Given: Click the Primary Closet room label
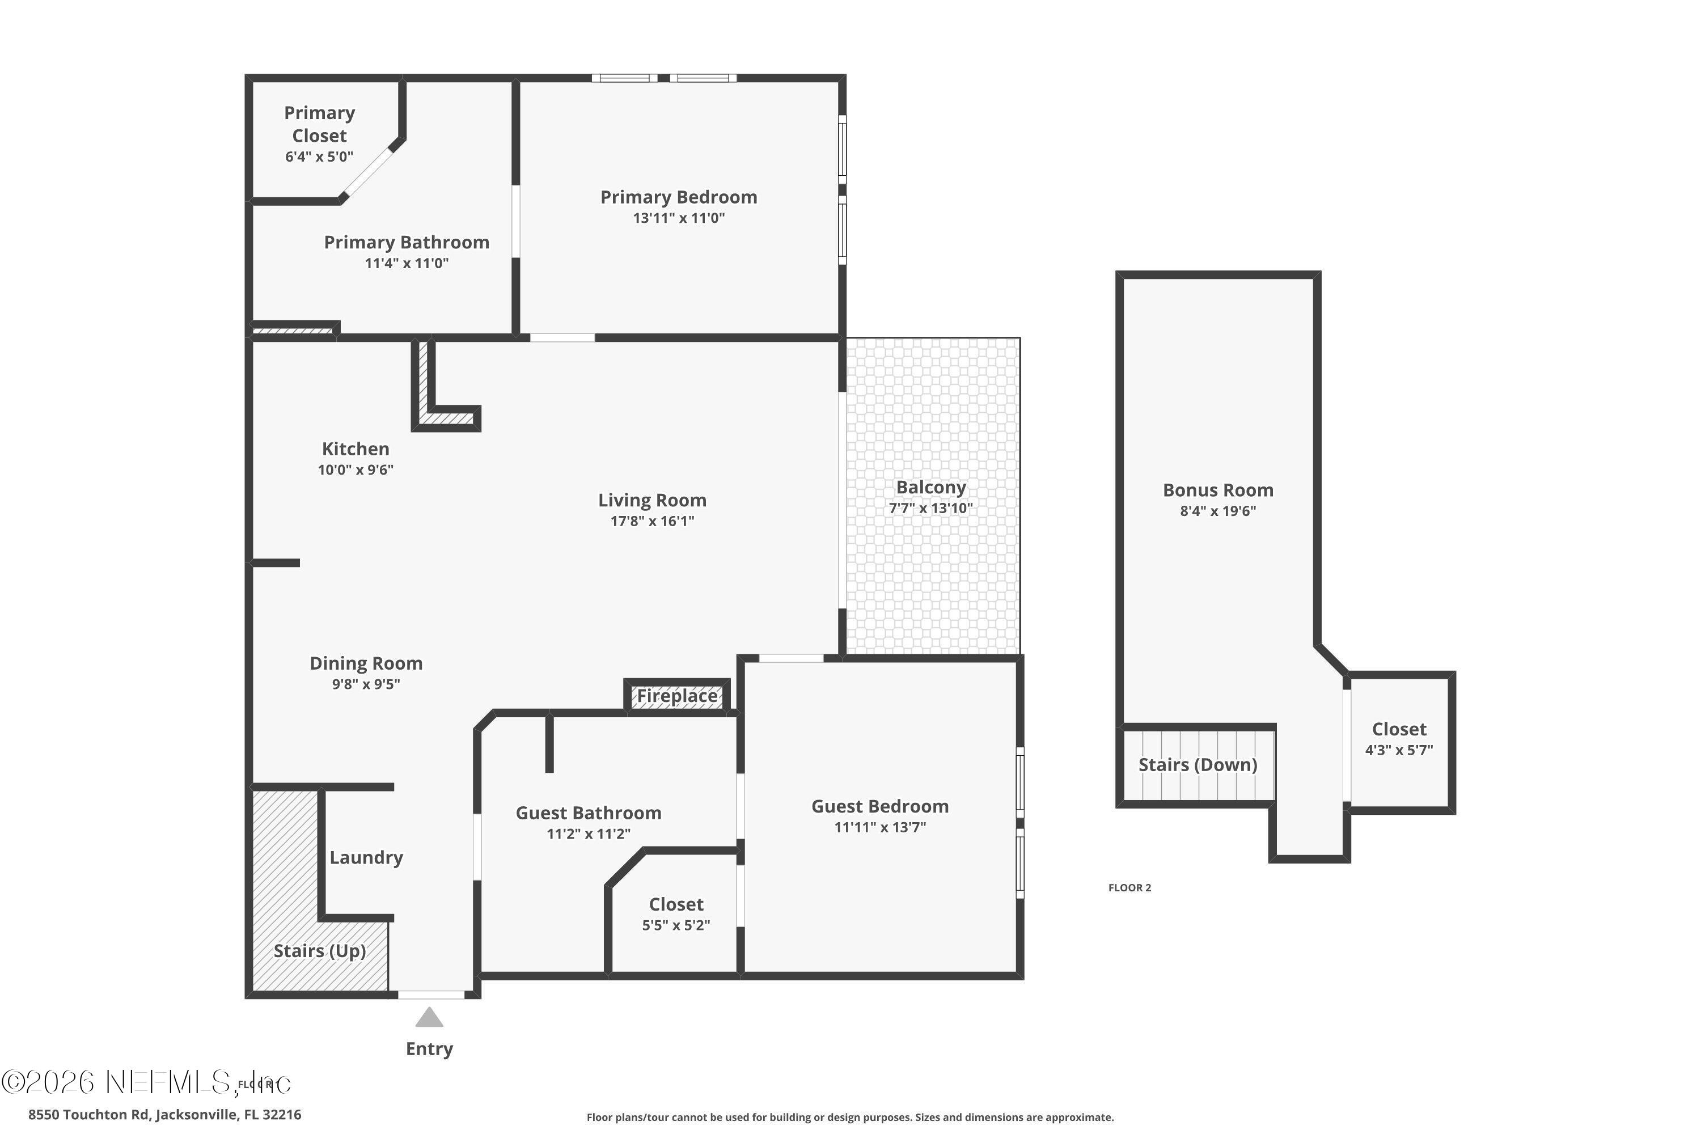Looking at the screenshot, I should coord(319,124).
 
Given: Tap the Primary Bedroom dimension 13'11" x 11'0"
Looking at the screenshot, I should coord(678,218).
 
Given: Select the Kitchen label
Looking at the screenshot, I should coord(355,449).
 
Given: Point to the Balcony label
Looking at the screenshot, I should coord(931,488).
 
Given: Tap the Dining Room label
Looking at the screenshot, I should coord(366,663).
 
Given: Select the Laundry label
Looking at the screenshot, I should coord(366,858).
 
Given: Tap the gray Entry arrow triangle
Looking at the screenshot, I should coord(429,1018).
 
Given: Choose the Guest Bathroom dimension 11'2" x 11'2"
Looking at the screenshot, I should coord(588,834).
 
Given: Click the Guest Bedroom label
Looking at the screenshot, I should coord(879,806).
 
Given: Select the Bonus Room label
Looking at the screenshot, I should coord(1218,490).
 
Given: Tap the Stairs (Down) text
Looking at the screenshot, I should coord(1198,765).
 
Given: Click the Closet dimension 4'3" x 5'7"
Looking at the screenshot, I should coord(1399,750).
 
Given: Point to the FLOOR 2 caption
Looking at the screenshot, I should coord(1129,888).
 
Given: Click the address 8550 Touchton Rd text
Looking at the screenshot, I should coord(165,1115).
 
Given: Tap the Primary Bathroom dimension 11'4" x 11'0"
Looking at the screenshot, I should coord(407,263).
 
